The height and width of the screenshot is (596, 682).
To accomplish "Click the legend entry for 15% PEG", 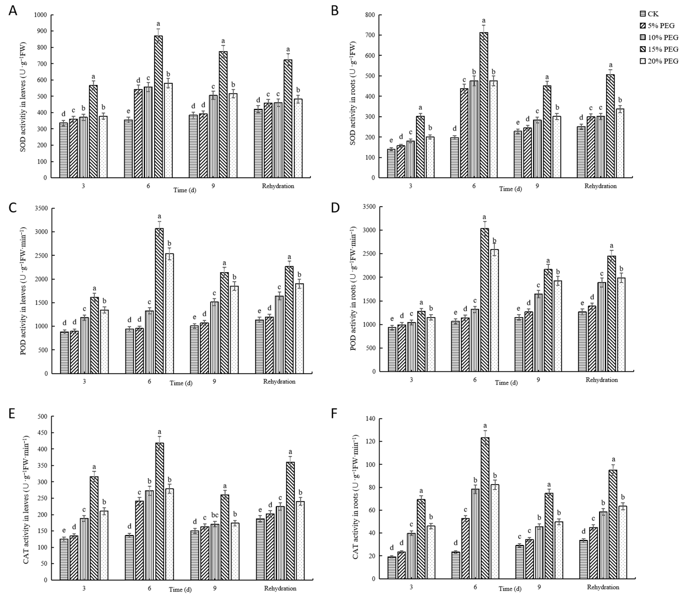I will coord(659,49).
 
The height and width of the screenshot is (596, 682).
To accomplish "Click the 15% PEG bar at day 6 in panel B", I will coord(484,105).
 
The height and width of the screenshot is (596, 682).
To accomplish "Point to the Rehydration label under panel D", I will coord(602,380).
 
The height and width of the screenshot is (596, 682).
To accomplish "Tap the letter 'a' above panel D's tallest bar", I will coord(484,217).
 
